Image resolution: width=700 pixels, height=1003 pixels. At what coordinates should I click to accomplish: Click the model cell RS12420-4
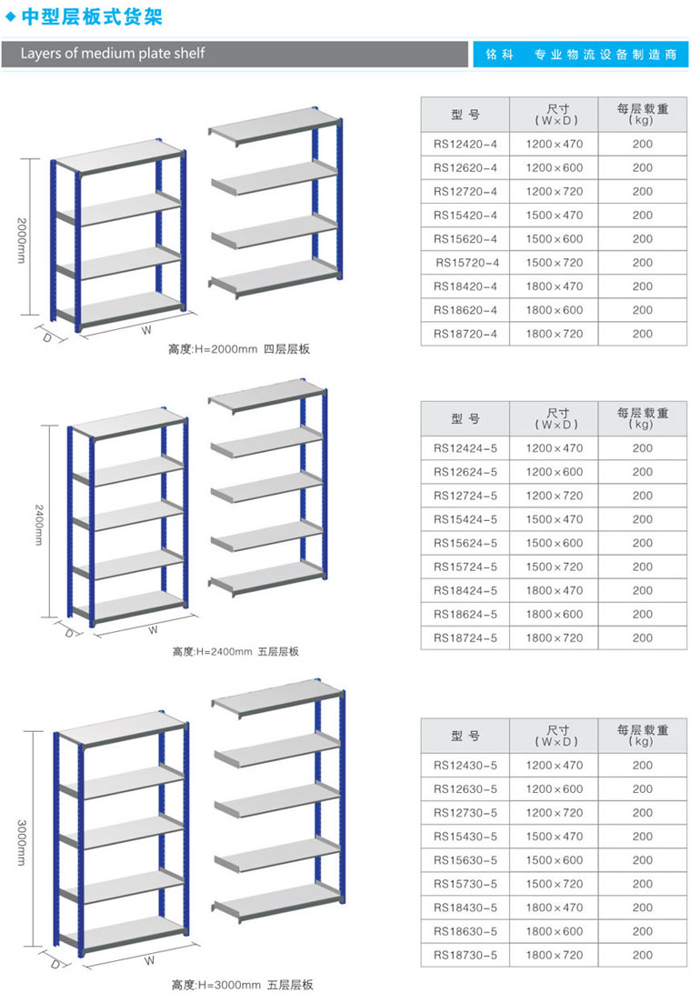[465, 144]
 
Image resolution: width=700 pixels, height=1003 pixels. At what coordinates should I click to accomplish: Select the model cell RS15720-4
[467, 263]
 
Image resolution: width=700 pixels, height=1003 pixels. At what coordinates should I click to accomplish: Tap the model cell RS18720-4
[465, 334]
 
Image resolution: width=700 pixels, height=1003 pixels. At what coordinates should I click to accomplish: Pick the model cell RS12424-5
[465, 448]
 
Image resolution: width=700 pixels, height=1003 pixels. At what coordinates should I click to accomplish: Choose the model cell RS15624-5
[465, 543]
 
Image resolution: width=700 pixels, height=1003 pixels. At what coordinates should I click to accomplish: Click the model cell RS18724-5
[465, 637]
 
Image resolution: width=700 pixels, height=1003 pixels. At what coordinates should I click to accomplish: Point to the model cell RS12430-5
[465, 766]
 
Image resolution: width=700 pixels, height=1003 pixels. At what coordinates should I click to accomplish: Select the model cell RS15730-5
[465, 884]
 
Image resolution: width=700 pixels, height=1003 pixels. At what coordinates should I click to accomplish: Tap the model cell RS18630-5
[465, 931]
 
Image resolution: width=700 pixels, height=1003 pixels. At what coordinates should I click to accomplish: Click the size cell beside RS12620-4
[554, 167]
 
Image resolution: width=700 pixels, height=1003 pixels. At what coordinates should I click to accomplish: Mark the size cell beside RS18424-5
[554, 590]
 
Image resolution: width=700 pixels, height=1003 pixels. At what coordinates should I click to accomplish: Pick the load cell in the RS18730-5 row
[643, 955]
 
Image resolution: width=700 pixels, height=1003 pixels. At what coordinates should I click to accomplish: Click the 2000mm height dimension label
[22, 240]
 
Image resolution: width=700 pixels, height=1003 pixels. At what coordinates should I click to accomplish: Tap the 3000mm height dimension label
[22, 841]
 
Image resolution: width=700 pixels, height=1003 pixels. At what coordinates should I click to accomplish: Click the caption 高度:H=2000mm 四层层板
[239, 349]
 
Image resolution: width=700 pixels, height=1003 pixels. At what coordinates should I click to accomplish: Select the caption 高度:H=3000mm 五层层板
[242, 985]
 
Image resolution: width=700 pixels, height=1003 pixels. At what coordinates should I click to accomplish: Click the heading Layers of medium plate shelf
[113, 54]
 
